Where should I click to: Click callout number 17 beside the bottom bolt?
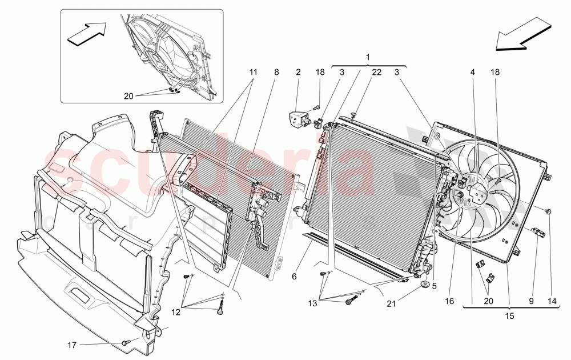pos(72,345)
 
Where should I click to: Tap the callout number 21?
pos(391,303)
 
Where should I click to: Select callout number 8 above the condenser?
pos(276,72)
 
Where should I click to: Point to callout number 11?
pos(253,72)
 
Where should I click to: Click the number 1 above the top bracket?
pos(368,57)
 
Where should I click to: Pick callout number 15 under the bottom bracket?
pos(510,316)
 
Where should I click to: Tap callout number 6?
pos(294,277)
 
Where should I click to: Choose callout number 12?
pos(176,312)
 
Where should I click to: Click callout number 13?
pos(313,303)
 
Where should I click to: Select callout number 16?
pos(449,301)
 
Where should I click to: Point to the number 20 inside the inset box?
pos(128,96)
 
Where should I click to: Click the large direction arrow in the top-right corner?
pos(523,34)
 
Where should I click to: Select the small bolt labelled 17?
pos(126,342)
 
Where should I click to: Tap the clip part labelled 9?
pos(538,231)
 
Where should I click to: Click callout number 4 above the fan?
pos(472,72)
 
